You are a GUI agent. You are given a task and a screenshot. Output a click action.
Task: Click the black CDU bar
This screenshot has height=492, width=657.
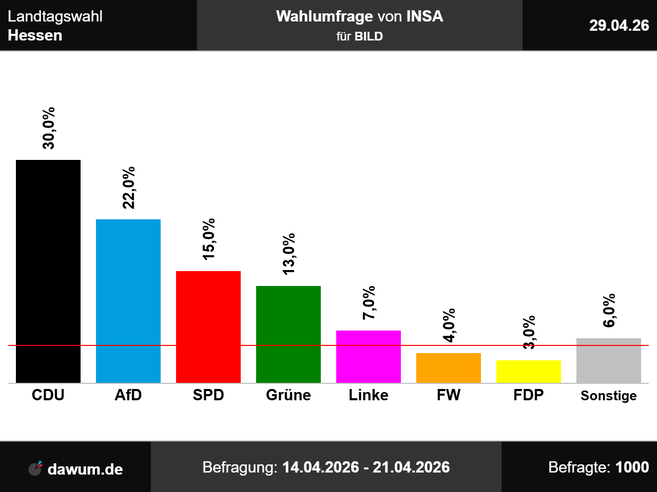(48, 271)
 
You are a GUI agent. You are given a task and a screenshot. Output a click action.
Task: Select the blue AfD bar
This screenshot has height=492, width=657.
(128, 301)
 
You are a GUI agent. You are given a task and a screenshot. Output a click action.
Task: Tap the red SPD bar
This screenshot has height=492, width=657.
(208, 327)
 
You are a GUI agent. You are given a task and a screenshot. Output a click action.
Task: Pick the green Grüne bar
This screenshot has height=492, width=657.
(288, 334)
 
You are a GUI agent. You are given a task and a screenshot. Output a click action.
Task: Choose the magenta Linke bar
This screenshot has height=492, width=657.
(369, 357)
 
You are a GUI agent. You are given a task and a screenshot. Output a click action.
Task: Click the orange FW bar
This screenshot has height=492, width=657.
(449, 368)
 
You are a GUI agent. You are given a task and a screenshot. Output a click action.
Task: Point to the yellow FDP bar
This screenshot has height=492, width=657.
(529, 372)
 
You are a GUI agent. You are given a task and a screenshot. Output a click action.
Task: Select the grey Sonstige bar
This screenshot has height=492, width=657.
(609, 361)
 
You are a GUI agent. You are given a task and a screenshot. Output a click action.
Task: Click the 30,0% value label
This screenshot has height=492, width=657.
(48, 128)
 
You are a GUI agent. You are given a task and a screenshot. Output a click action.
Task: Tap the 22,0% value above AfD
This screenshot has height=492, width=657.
(129, 188)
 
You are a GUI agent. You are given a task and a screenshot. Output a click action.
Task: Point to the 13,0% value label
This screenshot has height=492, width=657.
(289, 254)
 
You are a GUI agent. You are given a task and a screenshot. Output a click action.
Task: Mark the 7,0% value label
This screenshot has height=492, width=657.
(369, 302)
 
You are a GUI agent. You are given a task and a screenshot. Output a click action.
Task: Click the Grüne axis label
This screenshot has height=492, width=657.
(288, 395)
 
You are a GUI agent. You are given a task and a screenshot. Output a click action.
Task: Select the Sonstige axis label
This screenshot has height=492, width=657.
(609, 396)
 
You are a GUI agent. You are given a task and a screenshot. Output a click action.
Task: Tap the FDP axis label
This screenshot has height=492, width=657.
(529, 395)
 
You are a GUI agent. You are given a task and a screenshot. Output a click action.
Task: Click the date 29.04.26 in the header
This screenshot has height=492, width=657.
(619, 26)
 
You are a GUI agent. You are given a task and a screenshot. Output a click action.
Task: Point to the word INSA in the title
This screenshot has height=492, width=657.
(424, 16)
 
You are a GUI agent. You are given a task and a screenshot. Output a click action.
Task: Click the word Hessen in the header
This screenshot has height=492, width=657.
(35, 35)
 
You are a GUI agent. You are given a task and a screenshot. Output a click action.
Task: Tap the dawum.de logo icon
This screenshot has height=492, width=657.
(35, 468)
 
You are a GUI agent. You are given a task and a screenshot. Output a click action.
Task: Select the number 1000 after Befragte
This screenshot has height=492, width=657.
(632, 467)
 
